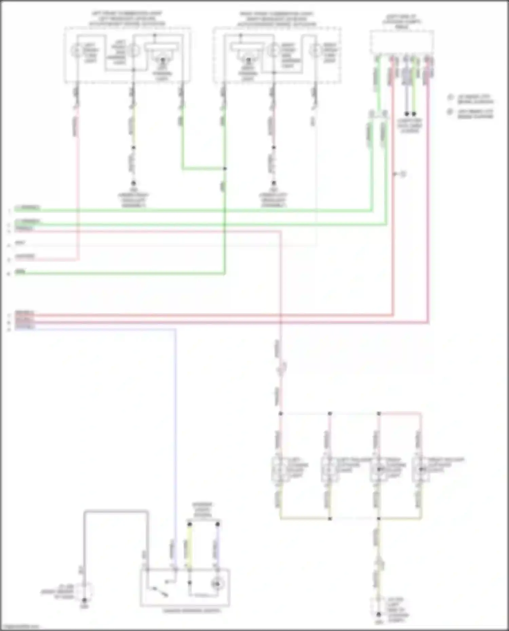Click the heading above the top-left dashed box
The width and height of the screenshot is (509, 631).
click(127, 19)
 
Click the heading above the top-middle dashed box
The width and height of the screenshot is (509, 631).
click(277, 19)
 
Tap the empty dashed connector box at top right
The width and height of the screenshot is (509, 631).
click(402, 42)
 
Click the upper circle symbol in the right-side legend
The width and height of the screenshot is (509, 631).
click(450, 98)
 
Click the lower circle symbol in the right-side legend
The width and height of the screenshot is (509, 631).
click(450, 112)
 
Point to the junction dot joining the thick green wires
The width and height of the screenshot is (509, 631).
click(225, 169)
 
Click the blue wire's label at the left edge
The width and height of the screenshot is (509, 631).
click(24, 327)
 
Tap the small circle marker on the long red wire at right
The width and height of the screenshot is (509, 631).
click(403, 174)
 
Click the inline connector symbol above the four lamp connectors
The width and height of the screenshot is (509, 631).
click(282, 368)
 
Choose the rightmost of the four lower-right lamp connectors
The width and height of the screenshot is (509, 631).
click(420, 469)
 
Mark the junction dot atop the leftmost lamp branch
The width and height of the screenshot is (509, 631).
click(281, 414)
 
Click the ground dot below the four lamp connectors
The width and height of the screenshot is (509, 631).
click(379, 614)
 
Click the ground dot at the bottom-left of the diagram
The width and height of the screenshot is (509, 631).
click(84, 600)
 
